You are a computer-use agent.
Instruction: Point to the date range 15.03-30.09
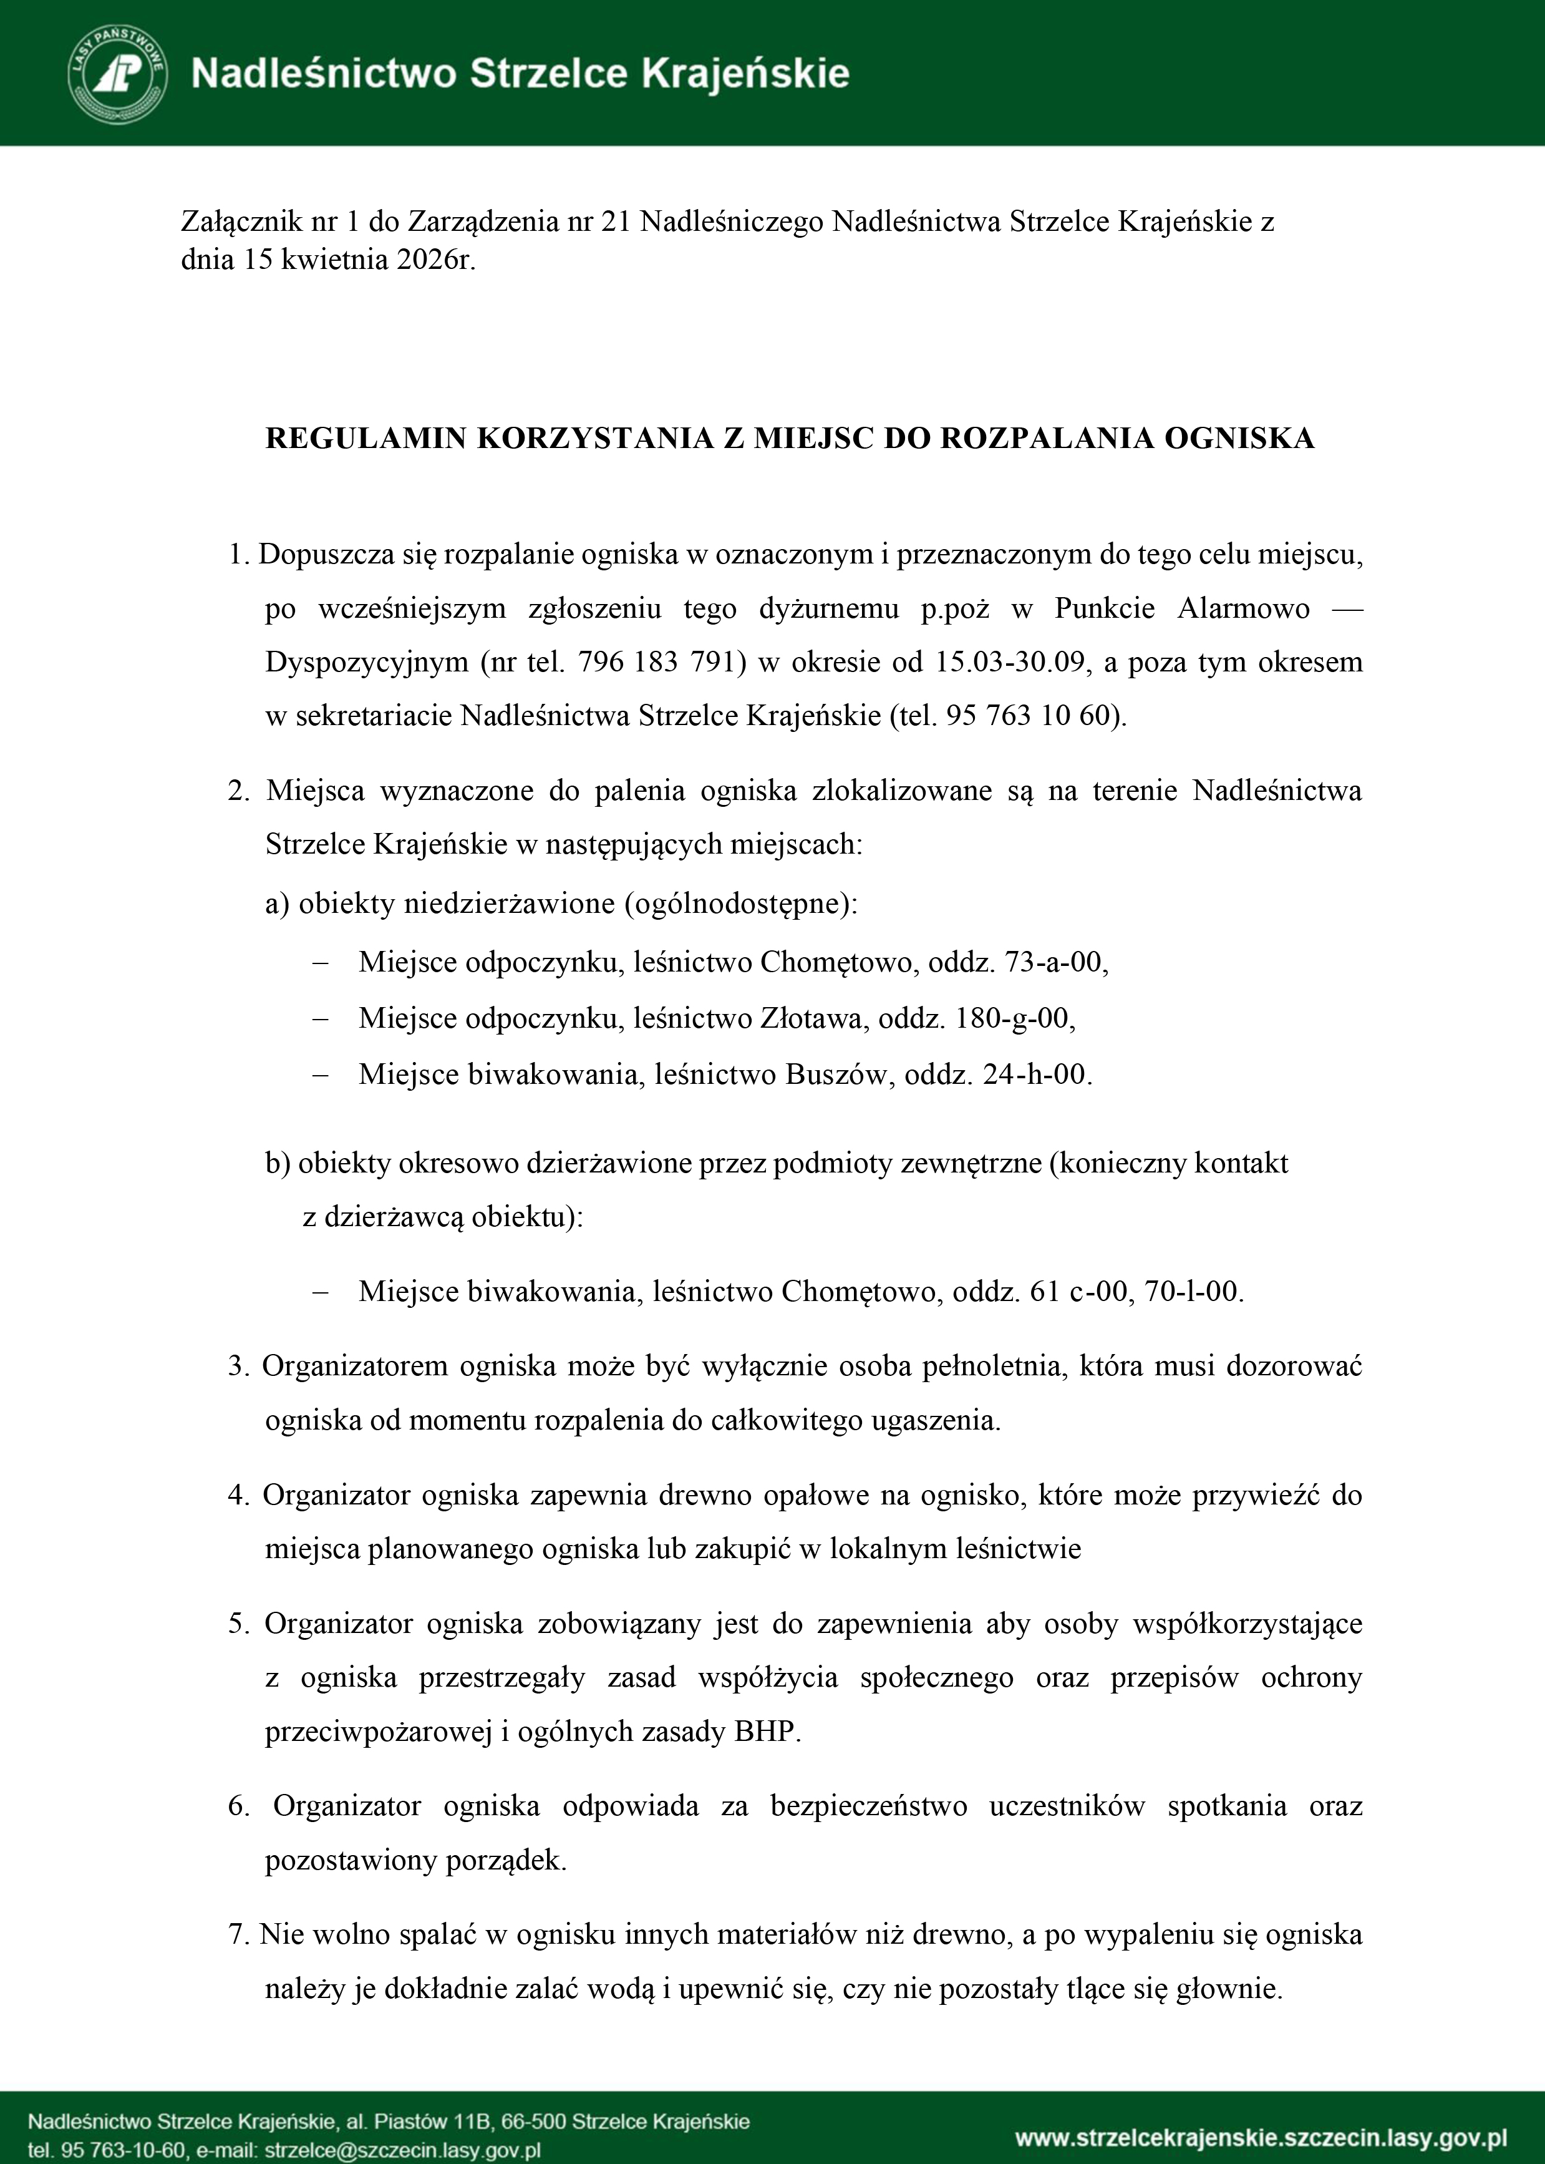[x=1010, y=662]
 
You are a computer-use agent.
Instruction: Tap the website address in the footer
[x=1261, y=2138]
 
